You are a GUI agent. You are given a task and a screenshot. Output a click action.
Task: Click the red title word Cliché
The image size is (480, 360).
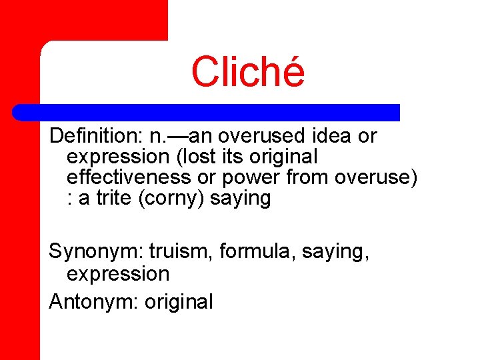point(248,72)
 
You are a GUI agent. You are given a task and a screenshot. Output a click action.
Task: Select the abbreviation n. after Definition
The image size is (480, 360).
point(160,137)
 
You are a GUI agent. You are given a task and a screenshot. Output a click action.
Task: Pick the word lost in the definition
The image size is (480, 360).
point(195,157)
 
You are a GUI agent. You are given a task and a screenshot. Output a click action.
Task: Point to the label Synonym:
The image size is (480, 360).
point(96,253)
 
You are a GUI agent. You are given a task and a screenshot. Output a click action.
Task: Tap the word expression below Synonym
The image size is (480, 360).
point(118,274)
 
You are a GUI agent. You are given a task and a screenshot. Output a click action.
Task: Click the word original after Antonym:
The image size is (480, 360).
point(178,302)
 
